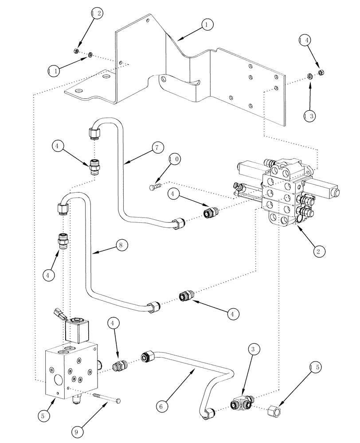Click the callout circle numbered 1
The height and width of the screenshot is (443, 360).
coord(207,25)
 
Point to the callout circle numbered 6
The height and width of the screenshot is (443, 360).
coord(161,404)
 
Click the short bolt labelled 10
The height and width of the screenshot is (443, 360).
coord(153,188)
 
